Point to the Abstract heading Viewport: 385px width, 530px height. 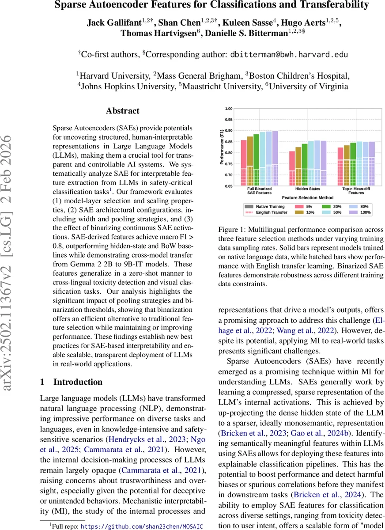tap(123, 111)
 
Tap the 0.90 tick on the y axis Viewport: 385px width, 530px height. tap(228, 131)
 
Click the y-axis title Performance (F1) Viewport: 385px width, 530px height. tap(222, 148)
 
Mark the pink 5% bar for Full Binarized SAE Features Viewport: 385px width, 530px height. tap(243, 163)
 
